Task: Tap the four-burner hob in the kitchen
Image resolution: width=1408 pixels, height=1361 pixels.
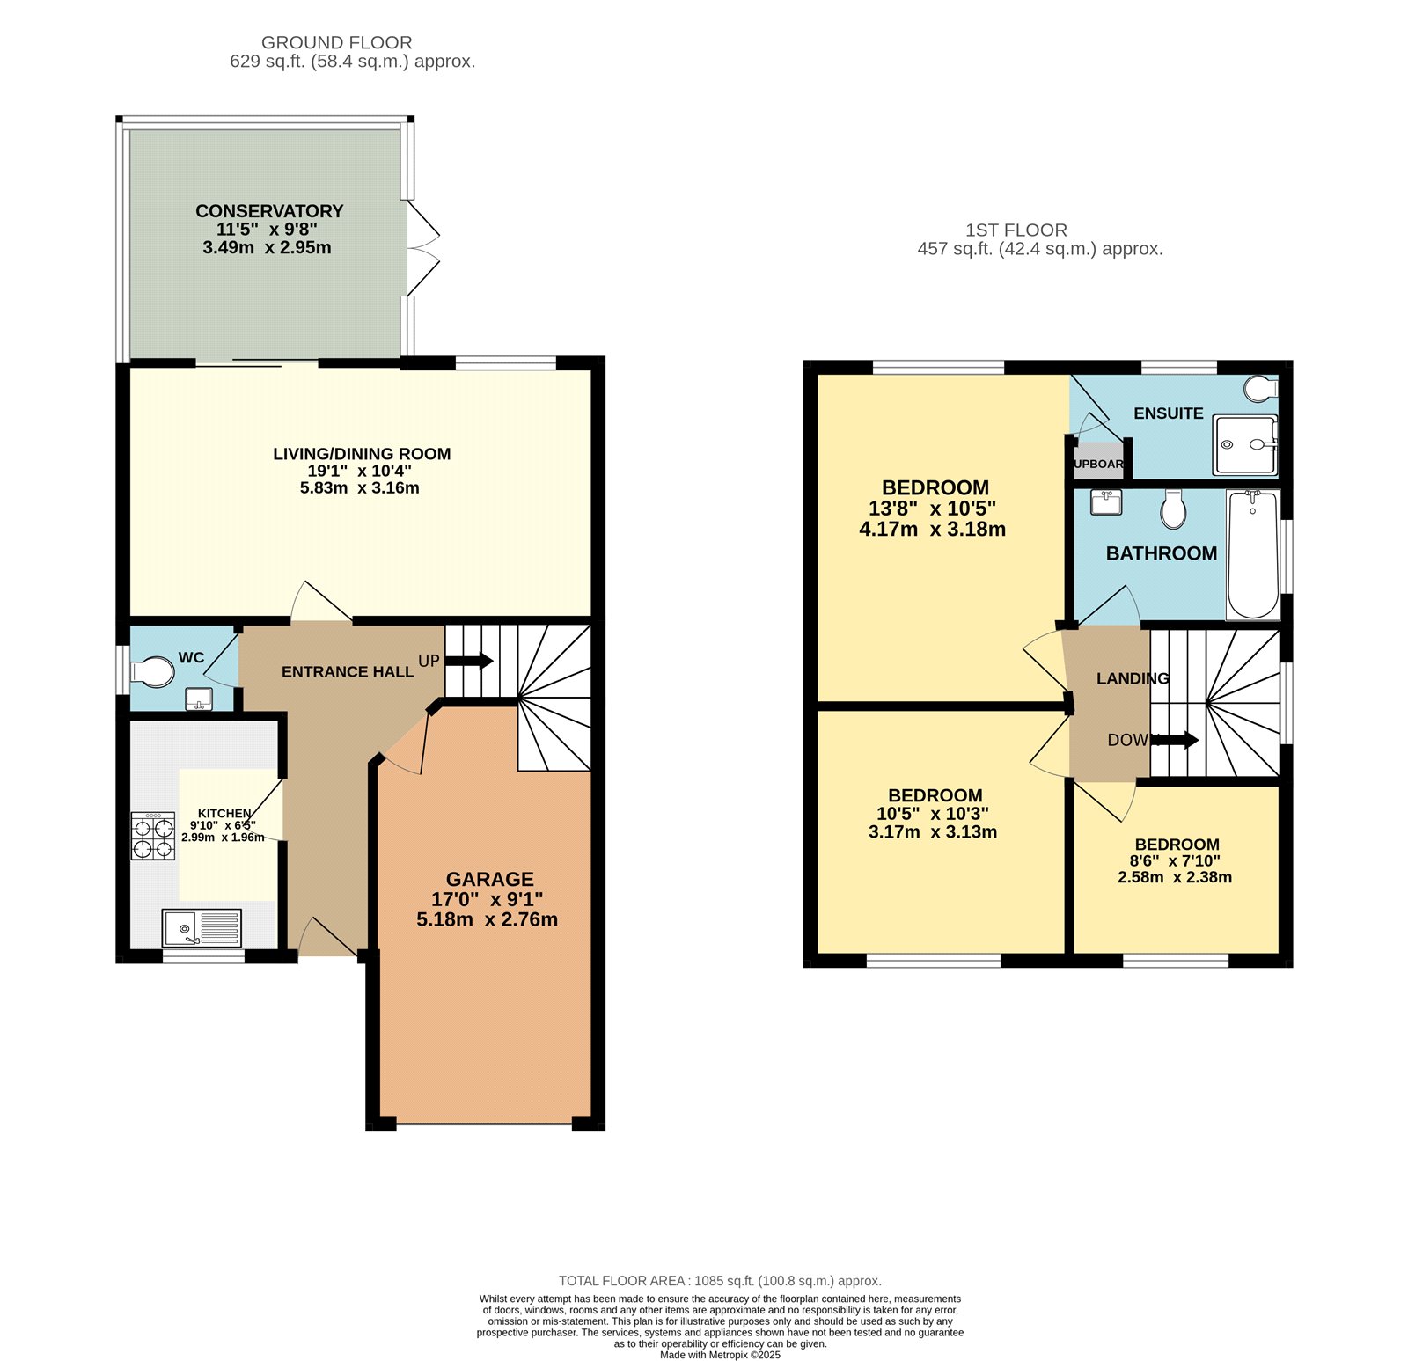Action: (153, 836)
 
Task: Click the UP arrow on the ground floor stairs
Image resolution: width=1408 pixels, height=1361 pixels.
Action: (470, 661)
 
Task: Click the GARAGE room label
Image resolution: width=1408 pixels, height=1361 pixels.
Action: (489, 879)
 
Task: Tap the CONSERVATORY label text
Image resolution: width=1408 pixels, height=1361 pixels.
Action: (269, 211)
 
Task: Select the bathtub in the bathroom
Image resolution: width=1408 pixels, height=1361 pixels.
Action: (1252, 555)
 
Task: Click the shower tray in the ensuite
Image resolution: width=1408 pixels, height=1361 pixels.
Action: (1243, 445)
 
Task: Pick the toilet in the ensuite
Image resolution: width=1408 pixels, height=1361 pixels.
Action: (1263, 388)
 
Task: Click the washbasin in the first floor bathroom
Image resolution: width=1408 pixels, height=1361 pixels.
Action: (1105, 502)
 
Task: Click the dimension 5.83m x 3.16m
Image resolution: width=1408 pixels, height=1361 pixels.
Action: (359, 488)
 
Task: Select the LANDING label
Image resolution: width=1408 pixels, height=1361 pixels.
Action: (1132, 678)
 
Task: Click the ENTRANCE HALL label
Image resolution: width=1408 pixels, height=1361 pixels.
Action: (348, 672)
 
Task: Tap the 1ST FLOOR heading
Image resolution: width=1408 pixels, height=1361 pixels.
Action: (1016, 230)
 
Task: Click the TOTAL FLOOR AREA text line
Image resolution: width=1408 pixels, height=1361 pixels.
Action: (719, 1281)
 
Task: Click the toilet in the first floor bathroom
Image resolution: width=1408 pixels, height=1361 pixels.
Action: (1172, 509)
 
